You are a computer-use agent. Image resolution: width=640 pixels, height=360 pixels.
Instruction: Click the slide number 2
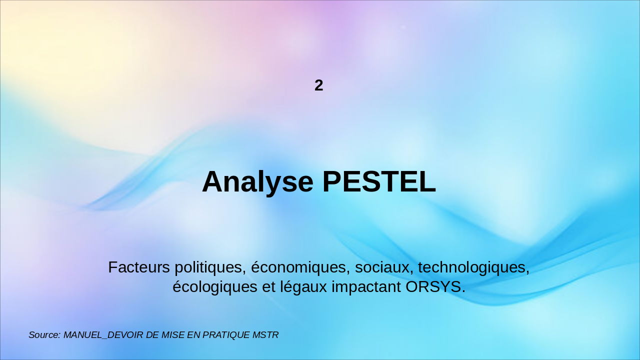(319, 85)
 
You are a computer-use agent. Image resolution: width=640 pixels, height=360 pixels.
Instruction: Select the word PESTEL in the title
(379, 181)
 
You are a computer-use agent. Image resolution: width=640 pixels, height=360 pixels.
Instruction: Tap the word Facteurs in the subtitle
(139, 267)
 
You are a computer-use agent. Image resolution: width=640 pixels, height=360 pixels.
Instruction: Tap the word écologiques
(215, 287)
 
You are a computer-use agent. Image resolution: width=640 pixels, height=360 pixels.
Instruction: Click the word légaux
(303, 287)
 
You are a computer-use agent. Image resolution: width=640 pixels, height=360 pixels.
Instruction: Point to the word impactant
(366, 287)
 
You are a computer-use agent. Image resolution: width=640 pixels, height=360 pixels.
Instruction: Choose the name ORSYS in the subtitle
(433, 286)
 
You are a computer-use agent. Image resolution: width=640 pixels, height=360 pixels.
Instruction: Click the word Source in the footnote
(44, 335)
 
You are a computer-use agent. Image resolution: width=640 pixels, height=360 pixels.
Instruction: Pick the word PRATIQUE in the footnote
(226, 335)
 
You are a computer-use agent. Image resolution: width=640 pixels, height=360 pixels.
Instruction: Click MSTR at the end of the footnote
(265, 335)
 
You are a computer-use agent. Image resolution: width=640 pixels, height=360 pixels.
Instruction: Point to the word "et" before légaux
(268, 287)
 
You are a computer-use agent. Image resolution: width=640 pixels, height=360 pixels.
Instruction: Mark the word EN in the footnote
(193, 335)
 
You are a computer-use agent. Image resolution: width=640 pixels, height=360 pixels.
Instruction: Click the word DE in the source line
(152, 335)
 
